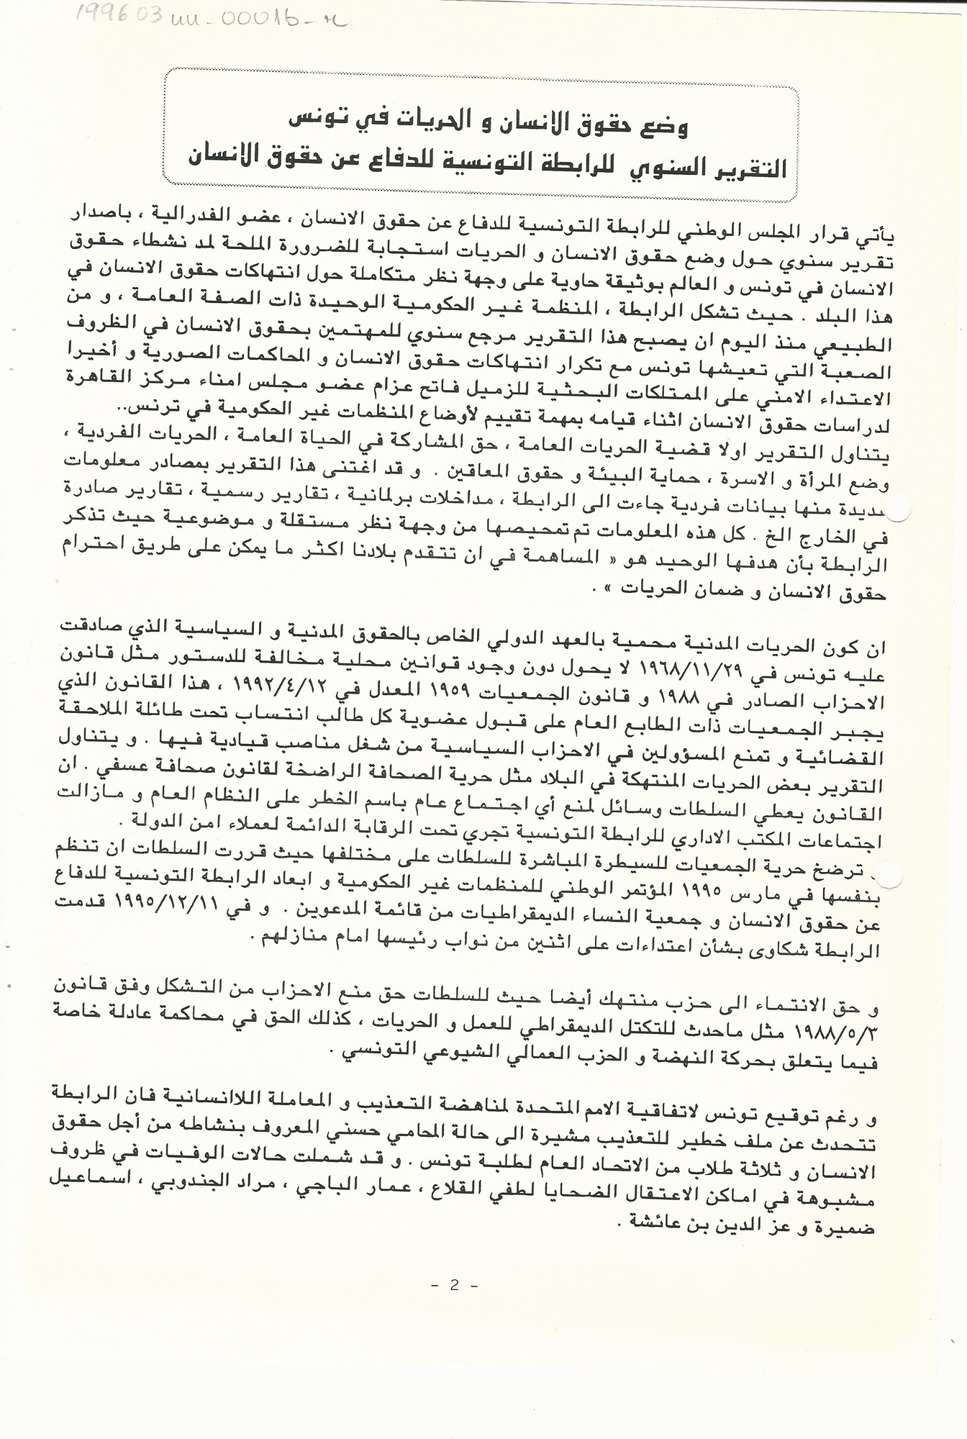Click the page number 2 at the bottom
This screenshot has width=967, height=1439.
454,1286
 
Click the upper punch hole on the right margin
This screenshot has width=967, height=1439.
899,509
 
